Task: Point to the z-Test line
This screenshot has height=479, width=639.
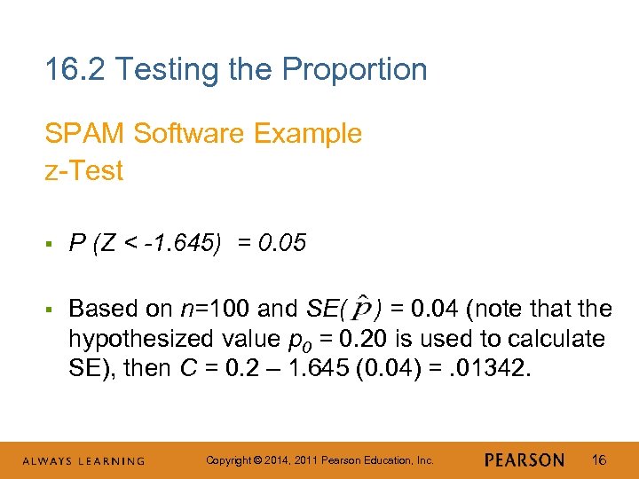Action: pos(84,170)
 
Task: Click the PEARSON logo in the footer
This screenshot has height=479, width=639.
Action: pos(525,460)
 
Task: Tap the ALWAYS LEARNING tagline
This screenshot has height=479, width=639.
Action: pos(83,461)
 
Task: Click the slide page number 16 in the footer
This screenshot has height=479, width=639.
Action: pos(599,460)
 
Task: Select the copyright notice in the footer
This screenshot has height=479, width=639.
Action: pos(319,460)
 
